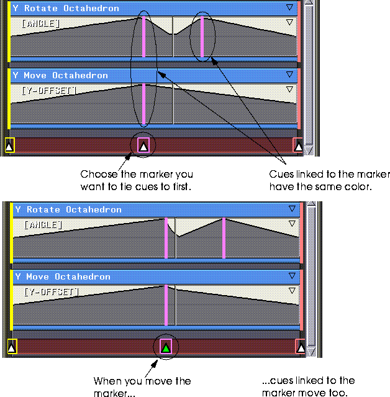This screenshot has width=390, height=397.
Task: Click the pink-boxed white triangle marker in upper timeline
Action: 143,145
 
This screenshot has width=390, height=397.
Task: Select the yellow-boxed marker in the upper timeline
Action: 9,145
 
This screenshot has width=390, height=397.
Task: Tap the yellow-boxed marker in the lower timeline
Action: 12,346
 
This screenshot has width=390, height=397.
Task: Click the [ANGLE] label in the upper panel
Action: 41,24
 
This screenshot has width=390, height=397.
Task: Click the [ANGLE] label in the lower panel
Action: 43,225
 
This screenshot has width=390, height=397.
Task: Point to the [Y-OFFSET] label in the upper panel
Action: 49,90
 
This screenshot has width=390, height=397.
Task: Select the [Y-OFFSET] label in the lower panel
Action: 52,291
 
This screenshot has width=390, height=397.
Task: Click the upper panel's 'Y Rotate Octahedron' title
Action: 66,8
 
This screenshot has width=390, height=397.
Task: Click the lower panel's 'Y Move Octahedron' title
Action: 63,276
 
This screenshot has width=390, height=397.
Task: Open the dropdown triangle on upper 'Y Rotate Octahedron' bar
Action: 289,7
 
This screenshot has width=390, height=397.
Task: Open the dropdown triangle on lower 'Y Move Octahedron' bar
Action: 292,275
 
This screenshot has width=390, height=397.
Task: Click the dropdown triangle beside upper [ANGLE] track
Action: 289,22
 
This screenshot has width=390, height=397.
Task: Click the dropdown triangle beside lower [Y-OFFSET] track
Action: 292,290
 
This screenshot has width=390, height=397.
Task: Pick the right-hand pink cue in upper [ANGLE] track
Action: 202,37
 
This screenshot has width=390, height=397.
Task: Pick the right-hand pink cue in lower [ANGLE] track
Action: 224,238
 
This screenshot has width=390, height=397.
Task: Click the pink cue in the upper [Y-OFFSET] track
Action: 143,104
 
